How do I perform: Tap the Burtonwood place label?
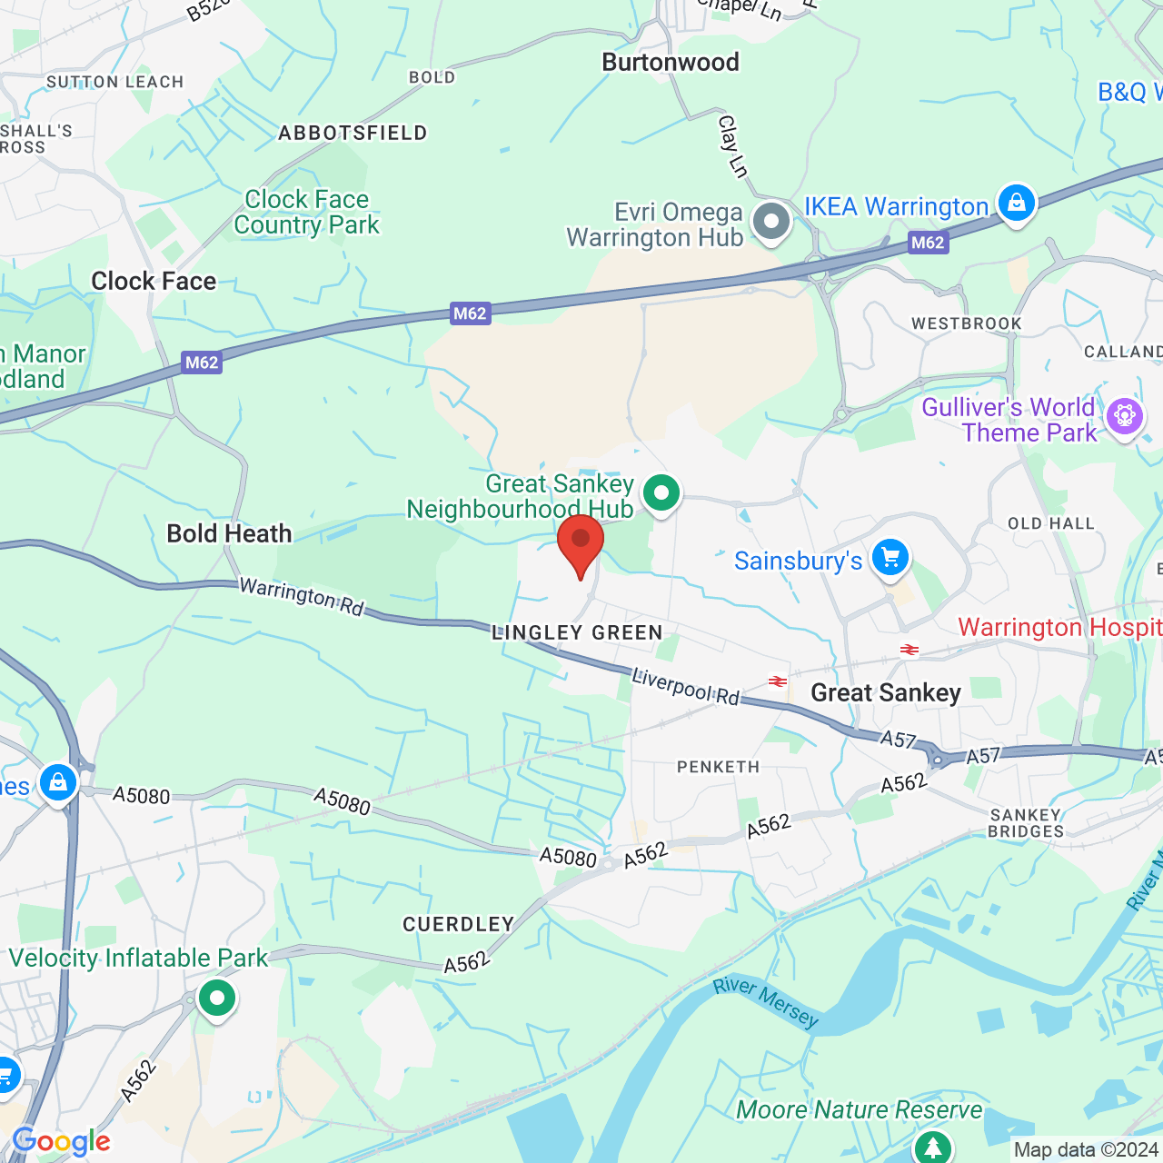[671, 63]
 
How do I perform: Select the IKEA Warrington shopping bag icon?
[1016, 204]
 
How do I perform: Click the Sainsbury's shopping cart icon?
[890, 558]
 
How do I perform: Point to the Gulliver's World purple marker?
[1124, 417]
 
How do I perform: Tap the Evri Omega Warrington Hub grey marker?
[772, 221]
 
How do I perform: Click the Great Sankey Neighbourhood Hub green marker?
[661, 494]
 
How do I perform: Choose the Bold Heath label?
[229, 533]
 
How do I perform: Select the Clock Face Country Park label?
[307, 212]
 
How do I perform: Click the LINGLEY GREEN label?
[577, 632]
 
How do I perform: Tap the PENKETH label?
[718, 767]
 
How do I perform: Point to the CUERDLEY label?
[459, 924]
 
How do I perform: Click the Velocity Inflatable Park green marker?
[216, 999]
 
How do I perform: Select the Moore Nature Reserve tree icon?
[932, 1148]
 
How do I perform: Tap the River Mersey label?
[766, 1001]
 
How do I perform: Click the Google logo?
[62, 1141]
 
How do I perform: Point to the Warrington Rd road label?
[302, 597]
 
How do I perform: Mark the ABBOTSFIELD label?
[353, 134]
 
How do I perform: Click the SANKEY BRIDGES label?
[1026, 823]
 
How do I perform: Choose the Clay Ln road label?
[732, 145]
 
